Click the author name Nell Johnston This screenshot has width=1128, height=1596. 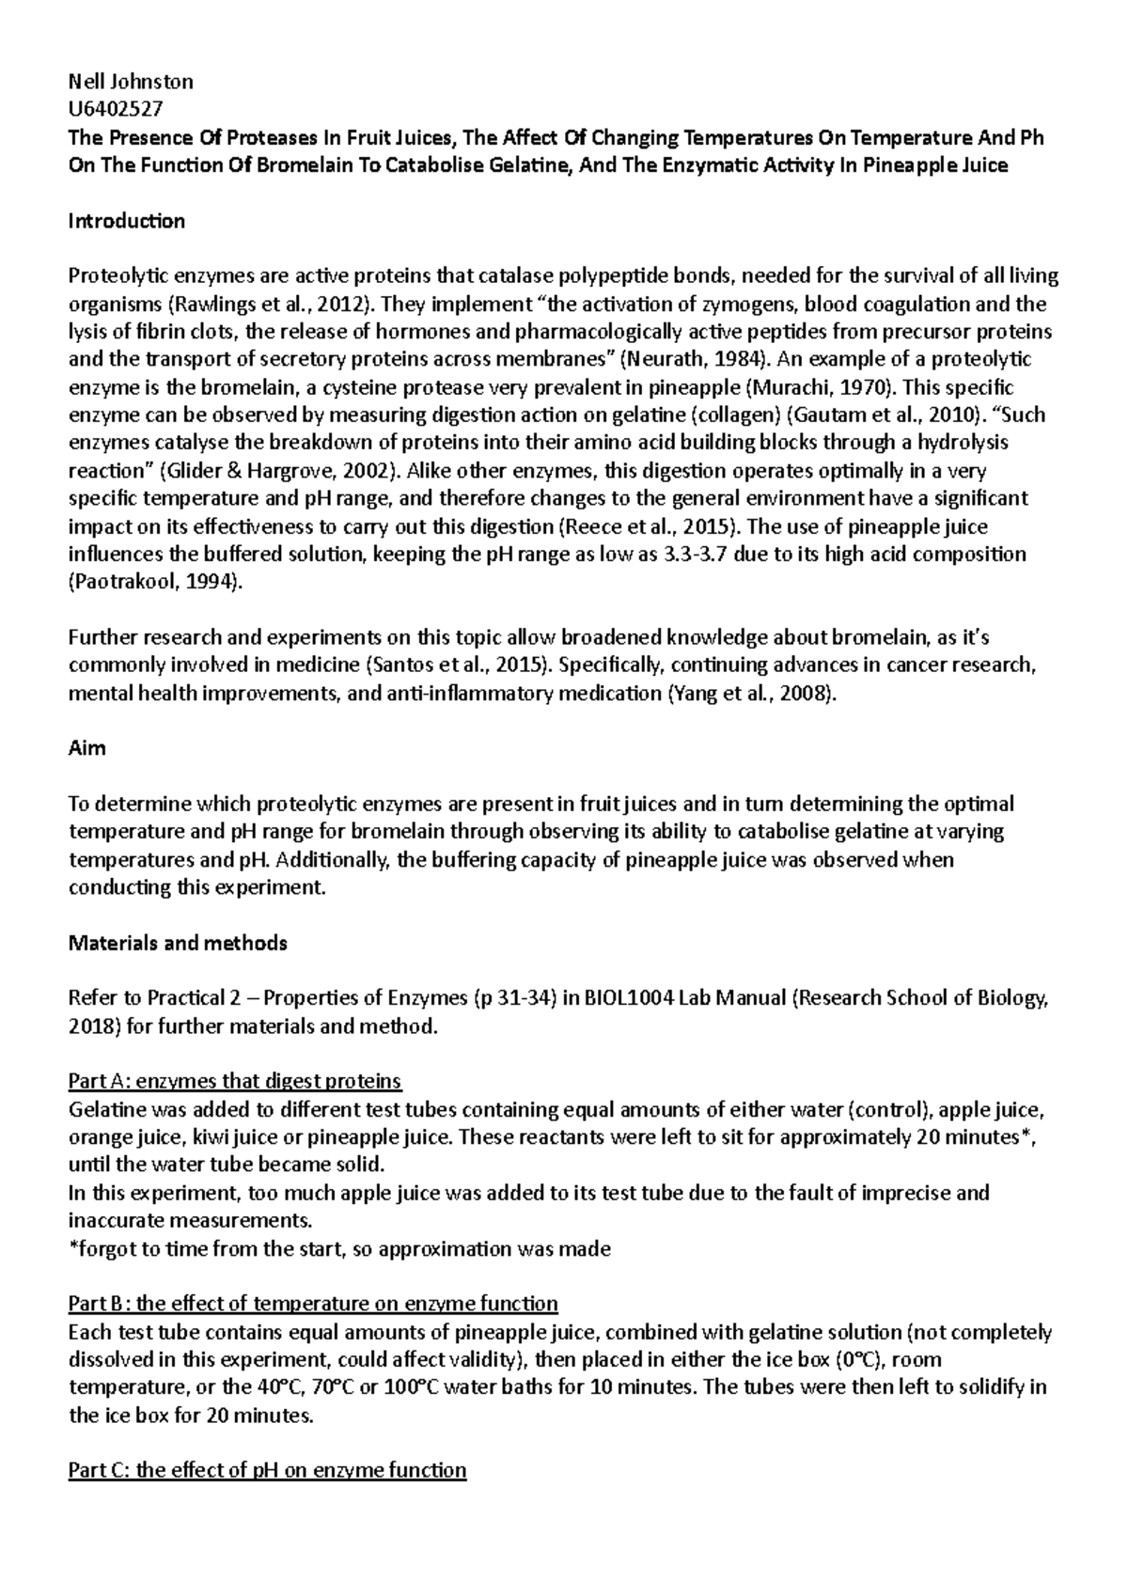pyautogui.click(x=131, y=82)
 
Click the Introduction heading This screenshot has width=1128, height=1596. pyautogui.click(x=127, y=221)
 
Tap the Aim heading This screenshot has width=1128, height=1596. pyautogui.click(x=87, y=748)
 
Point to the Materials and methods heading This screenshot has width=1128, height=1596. pyautogui.click(x=178, y=943)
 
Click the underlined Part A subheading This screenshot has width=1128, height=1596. pyautogui.click(x=235, y=1081)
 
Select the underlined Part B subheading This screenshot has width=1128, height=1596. pyautogui.click(x=313, y=1304)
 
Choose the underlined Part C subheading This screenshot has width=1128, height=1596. pyautogui.click(x=268, y=1470)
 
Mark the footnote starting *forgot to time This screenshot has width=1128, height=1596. pyautogui.click(x=339, y=1248)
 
